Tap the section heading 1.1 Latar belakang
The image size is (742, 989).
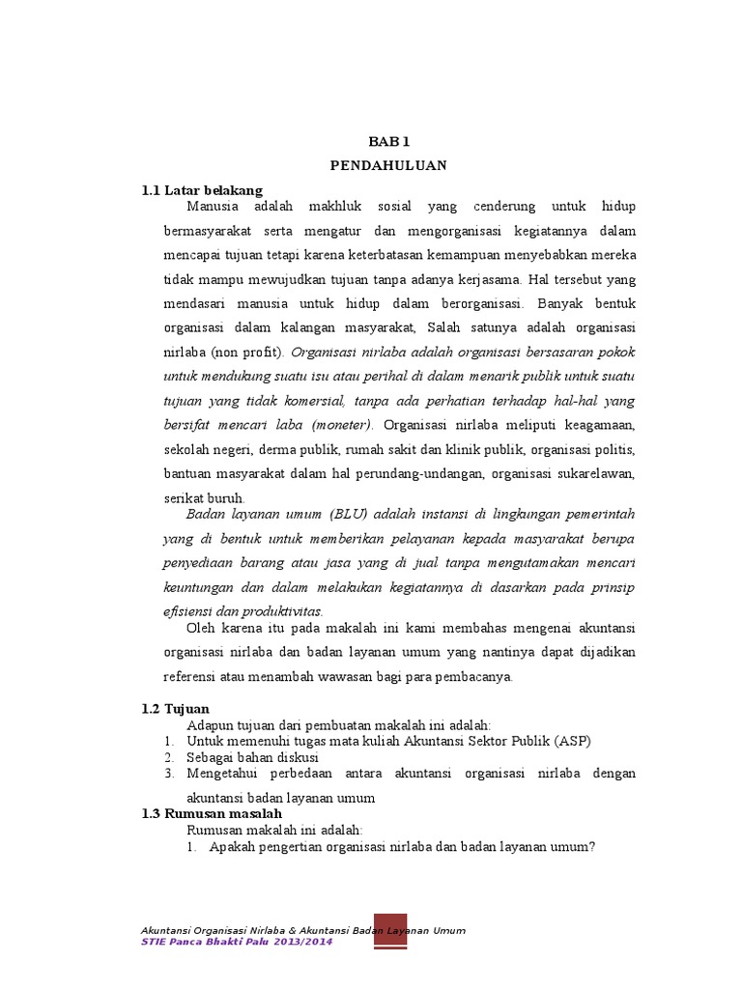(202, 189)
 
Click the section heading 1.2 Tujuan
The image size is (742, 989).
(175, 709)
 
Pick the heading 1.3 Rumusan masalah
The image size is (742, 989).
(212, 814)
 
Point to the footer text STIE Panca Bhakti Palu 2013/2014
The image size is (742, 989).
(237, 943)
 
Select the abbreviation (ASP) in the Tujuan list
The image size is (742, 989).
(571, 741)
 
